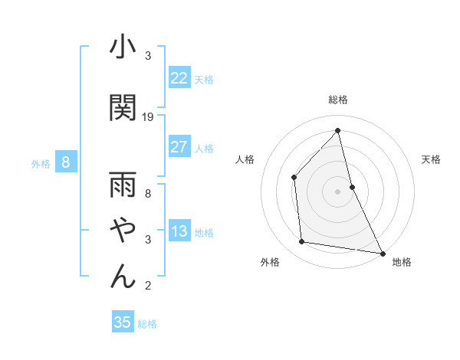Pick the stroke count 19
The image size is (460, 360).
[x=149, y=117]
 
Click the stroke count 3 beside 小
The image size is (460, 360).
[x=148, y=56]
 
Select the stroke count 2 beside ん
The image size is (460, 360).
[x=148, y=286]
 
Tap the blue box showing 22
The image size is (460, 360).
[x=179, y=77]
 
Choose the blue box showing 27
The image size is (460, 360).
[x=179, y=147]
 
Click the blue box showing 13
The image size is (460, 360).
[x=179, y=231]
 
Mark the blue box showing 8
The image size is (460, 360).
[x=66, y=162]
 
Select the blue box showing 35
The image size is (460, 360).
[x=123, y=322]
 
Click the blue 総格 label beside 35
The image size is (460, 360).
[x=147, y=324]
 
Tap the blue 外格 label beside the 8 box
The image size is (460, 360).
[x=41, y=163]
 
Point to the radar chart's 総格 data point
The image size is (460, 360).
[x=337, y=131]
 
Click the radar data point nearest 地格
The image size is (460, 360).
[x=382, y=252]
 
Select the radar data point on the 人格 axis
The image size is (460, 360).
[x=294, y=178]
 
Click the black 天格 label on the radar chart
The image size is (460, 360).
[x=432, y=159]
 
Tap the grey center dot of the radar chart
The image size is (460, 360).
[x=337, y=191]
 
